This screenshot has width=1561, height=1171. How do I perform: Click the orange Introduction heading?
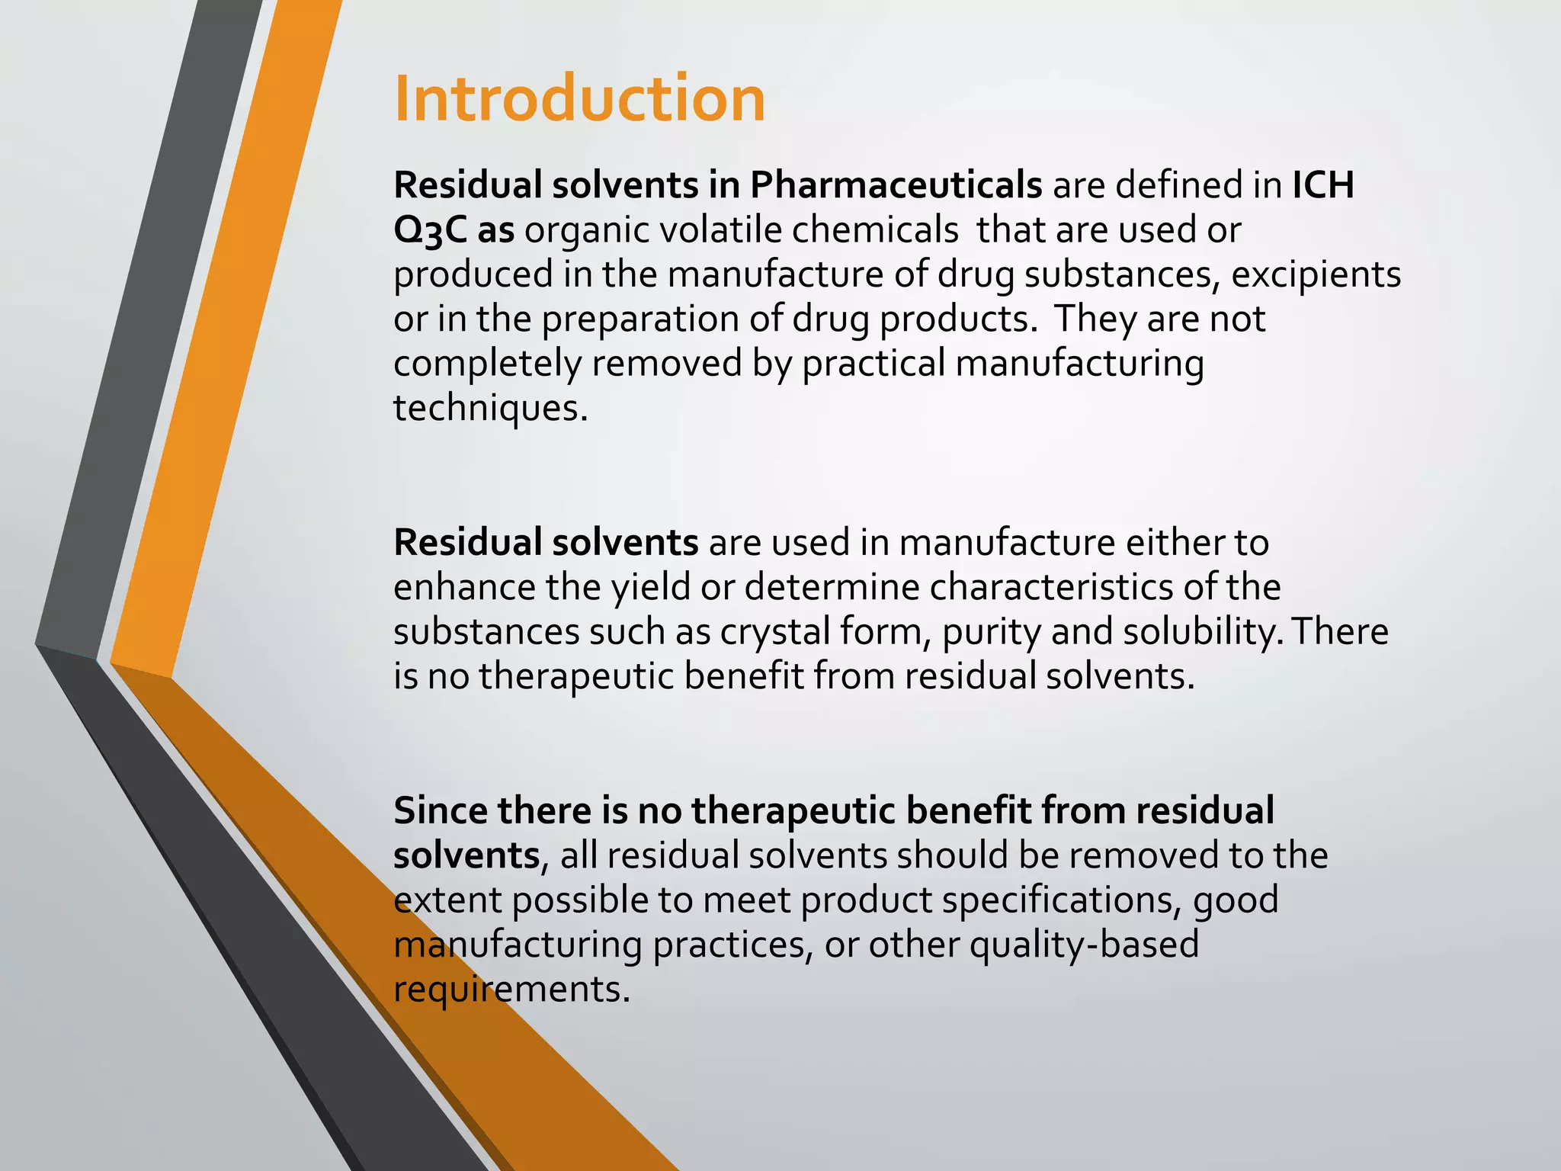pyautogui.click(x=579, y=99)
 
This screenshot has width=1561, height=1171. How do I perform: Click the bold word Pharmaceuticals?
pyautogui.click(x=896, y=185)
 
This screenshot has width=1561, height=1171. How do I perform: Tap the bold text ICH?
pyautogui.click(x=1323, y=185)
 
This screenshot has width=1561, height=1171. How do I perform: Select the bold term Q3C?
pyautogui.click(x=430, y=230)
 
